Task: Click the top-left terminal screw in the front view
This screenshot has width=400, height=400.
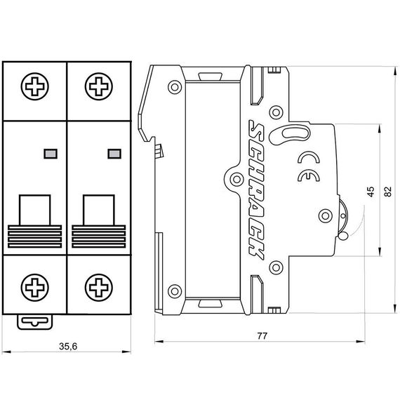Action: tap(34, 90)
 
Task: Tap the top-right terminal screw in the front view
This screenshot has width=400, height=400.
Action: tap(98, 90)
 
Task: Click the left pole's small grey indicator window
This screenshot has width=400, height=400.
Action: tap(48, 152)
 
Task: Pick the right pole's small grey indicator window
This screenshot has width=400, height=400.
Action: tap(112, 152)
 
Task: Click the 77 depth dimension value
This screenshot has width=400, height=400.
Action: tap(262, 335)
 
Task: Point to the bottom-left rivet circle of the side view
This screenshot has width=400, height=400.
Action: tap(173, 287)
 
